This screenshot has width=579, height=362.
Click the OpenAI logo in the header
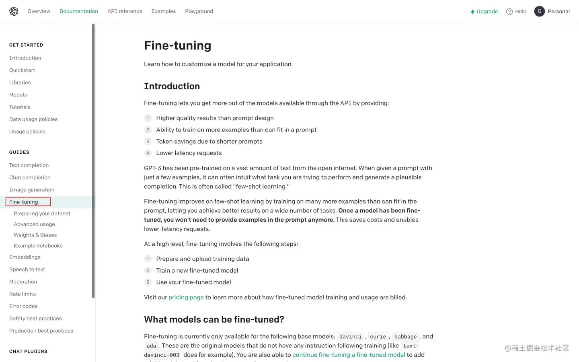click(x=14, y=11)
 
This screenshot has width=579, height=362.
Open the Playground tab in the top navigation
click(x=199, y=11)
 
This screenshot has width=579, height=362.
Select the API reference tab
click(x=125, y=11)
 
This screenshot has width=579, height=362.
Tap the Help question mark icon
click(x=509, y=12)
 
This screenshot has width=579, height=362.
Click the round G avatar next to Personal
click(x=539, y=11)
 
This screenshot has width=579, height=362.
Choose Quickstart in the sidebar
click(x=22, y=70)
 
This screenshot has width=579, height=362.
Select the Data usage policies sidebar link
click(x=33, y=119)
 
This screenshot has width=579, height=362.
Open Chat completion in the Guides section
click(x=30, y=177)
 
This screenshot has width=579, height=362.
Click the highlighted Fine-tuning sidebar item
click(x=24, y=202)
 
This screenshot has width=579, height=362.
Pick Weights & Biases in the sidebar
click(x=35, y=235)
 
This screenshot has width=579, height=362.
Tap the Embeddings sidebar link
click(x=25, y=257)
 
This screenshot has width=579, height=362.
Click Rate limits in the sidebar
click(x=23, y=294)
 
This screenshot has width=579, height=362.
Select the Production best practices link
click(x=41, y=331)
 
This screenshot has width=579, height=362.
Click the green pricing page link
click(x=186, y=297)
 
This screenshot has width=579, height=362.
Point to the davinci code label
click(x=350, y=337)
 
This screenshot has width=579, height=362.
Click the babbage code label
click(x=405, y=337)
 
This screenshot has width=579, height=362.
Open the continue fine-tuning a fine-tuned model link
click(x=349, y=355)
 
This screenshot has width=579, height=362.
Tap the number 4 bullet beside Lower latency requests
click(x=148, y=153)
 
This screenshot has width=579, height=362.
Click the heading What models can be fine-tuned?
click(x=214, y=319)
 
